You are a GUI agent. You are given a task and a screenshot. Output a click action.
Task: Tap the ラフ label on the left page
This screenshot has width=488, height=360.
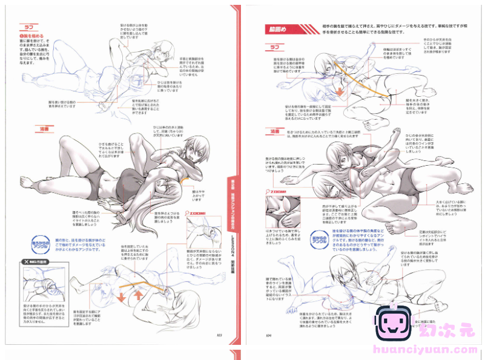coord(28,27)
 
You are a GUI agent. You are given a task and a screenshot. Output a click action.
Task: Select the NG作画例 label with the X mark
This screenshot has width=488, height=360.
coord(34,261)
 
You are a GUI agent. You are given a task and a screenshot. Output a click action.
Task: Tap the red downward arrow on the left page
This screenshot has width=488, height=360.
coord(122,297)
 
